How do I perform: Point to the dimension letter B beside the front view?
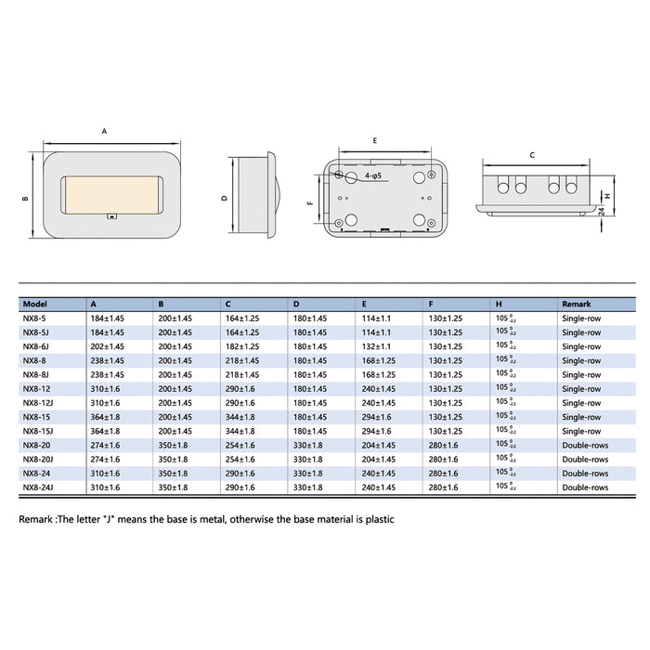click(x=26, y=198)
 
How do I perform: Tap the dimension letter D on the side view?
click(x=224, y=198)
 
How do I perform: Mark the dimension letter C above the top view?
click(x=531, y=155)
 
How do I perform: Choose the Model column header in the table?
click(x=34, y=304)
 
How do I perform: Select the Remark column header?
click(x=576, y=304)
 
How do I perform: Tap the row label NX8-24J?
click(x=39, y=487)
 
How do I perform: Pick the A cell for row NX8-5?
click(x=107, y=318)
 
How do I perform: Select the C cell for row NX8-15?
click(x=240, y=417)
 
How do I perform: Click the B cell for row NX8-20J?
click(x=175, y=459)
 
